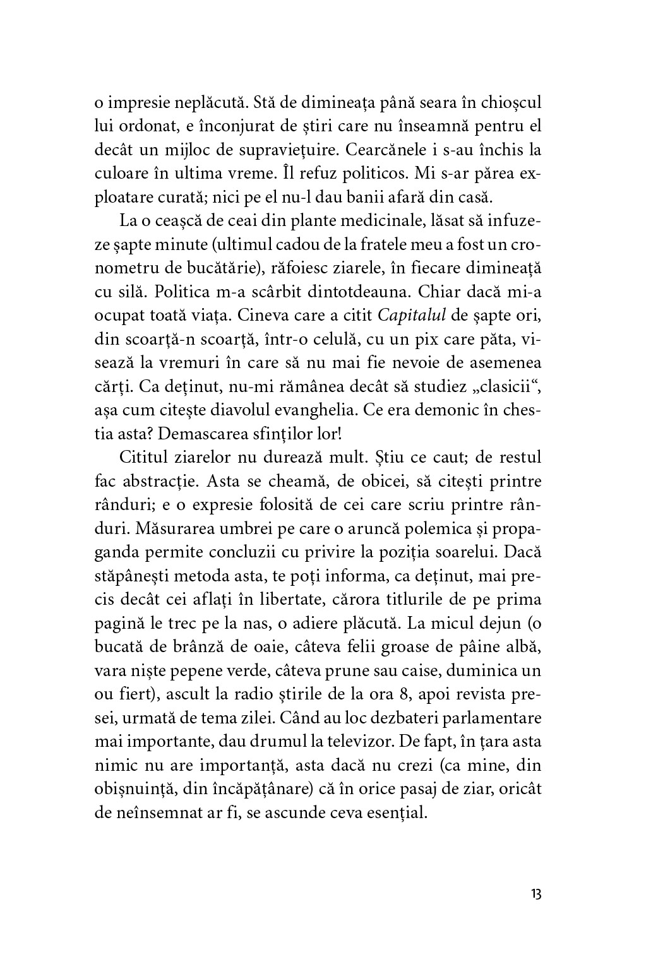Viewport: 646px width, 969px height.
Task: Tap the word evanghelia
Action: pyautogui.click(x=344, y=410)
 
